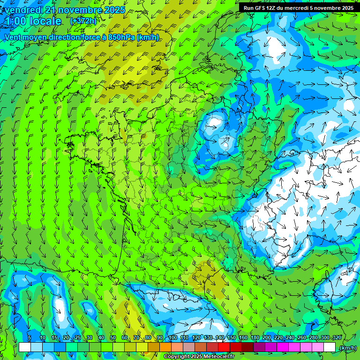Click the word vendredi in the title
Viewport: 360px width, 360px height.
point(23,10)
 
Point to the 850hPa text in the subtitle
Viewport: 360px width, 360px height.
point(121,37)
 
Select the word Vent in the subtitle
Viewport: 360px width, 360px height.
point(14,37)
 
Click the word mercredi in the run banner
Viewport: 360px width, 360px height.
point(305,7)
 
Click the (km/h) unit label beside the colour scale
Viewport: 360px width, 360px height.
point(347,347)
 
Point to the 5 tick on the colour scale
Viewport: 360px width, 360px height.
point(30,338)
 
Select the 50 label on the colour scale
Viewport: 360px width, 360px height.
point(112,338)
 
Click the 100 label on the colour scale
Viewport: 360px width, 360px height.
point(172,338)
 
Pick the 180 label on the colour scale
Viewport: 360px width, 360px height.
point(255,338)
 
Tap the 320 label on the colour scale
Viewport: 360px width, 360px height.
point(337,338)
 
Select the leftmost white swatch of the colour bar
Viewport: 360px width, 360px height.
point(25,347)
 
